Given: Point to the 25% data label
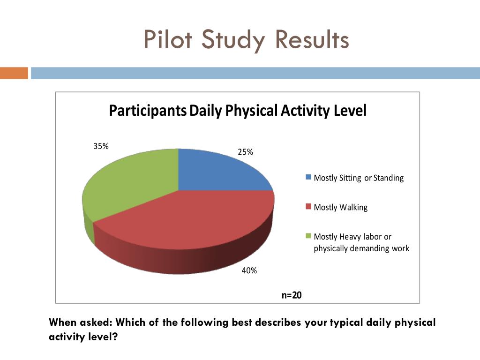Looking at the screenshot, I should pos(245,152).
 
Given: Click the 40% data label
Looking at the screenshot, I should pos(249,270).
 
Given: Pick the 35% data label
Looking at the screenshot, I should pos(101,146).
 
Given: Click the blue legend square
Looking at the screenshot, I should pos(308,178).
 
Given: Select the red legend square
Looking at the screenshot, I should pos(308,207).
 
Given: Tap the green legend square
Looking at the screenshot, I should pos(308,236).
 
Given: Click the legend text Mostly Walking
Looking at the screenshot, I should pos(340,207).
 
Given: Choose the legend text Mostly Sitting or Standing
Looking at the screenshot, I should pos(359,178).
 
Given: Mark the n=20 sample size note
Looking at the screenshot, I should pos(292,295).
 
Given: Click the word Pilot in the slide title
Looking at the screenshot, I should pos(168,39).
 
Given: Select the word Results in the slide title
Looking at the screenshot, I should pos(312,39).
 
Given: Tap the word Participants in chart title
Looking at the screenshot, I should pos(148,111).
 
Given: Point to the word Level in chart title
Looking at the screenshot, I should pos(350,111).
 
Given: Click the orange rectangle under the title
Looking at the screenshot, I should pos(14,73).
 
